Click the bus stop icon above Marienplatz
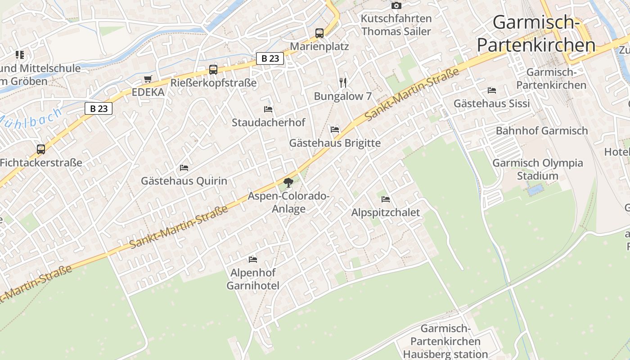[319, 33]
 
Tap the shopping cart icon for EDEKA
[148, 79]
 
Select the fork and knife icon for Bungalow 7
[343, 82]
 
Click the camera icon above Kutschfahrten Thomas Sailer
[396, 5]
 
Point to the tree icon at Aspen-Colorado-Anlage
[288, 182]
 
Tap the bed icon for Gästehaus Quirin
[184, 167]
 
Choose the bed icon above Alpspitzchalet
[385, 199]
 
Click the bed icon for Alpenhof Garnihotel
[252, 259]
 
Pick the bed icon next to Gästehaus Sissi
[491, 90]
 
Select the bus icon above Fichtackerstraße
[41, 149]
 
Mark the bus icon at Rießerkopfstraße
[213, 70]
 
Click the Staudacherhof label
[268, 122]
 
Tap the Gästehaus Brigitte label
[335, 143]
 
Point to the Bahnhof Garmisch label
[542, 130]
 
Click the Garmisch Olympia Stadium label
[538, 169]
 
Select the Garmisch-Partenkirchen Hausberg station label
[445, 341]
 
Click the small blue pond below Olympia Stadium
[535, 189]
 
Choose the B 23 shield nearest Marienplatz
[270, 58]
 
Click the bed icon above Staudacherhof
[268, 109]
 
